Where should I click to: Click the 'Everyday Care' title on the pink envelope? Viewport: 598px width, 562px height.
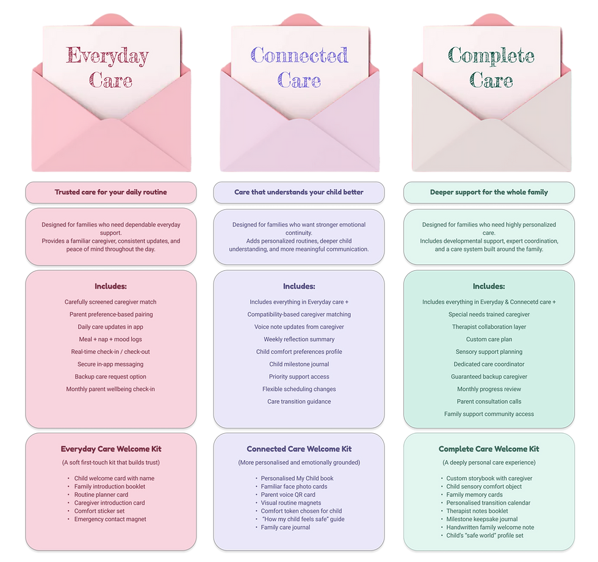pyautogui.click(x=107, y=67)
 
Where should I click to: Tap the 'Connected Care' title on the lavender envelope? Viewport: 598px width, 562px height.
pyautogui.click(x=299, y=67)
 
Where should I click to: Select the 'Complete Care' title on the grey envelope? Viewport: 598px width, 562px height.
pyautogui.click(x=491, y=67)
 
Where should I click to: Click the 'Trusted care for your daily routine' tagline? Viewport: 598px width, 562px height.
pyautogui.click(x=110, y=192)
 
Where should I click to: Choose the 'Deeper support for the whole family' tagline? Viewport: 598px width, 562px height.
pyautogui.click(x=489, y=192)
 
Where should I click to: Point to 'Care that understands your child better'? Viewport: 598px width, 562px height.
pyautogui.click(x=299, y=192)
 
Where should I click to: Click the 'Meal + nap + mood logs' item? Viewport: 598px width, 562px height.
pyautogui.click(x=110, y=339)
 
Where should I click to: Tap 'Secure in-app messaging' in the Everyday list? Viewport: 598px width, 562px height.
pyautogui.click(x=110, y=364)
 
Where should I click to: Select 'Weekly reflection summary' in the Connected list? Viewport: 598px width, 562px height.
pyautogui.click(x=299, y=339)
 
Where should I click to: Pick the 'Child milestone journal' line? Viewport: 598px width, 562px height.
pyautogui.click(x=299, y=364)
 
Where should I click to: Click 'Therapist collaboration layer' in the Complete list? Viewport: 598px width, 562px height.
pyautogui.click(x=489, y=326)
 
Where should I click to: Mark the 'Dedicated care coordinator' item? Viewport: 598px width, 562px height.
pyautogui.click(x=489, y=364)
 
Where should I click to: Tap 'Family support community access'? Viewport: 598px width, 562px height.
pyautogui.click(x=489, y=414)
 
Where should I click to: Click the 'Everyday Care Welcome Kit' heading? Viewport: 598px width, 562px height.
pyautogui.click(x=111, y=449)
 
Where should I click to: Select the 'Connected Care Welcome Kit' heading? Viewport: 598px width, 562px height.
pyautogui.click(x=299, y=449)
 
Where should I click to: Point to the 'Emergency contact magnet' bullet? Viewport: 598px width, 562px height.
pyautogui.click(x=110, y=519)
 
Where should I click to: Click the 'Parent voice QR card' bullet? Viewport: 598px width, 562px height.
pyautogui.click(x=288, y=495)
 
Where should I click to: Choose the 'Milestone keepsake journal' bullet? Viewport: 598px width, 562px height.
pyautogui.click(x=482, y=519)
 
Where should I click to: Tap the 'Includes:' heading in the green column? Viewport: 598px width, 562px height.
pyautogui.click(x=489, y=286)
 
